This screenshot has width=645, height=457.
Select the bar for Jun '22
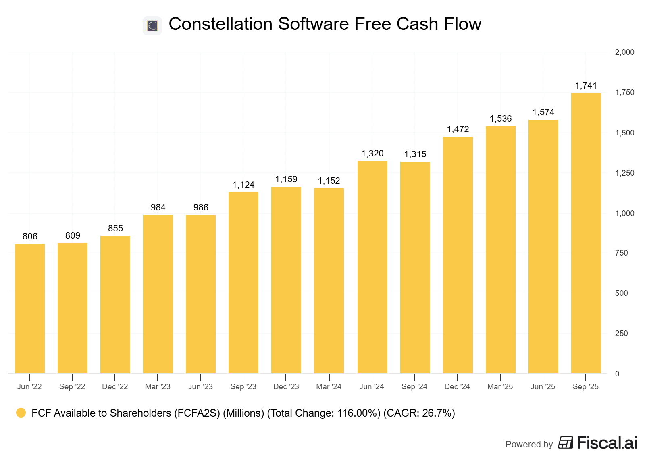tap(30, 308)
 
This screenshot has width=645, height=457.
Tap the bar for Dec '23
tap(286, 280)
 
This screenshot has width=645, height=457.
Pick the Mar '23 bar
tap(158, 294)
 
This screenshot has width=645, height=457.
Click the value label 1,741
tap(586, 86)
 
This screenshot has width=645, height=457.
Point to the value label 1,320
tap(372, 154)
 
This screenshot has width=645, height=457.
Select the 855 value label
tap(115, 228)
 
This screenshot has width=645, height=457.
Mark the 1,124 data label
tap(243, 185)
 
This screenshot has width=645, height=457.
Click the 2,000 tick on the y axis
tap(624, 52)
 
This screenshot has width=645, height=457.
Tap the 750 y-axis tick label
tap(621, 253)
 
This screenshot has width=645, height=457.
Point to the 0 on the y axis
tap(617, 374)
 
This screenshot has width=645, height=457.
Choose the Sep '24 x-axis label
tap(414, 387)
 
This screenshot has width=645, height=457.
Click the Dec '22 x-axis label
tap(115, 387)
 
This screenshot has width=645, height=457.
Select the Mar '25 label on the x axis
tap(500, 387)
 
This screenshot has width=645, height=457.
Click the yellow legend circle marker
tap(21, 413)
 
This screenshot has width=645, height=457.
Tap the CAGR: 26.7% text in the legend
tap(419, 413)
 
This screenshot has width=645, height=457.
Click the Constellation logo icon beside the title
tap(152, 26)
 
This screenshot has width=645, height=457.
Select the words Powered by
tap(529, 444)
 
